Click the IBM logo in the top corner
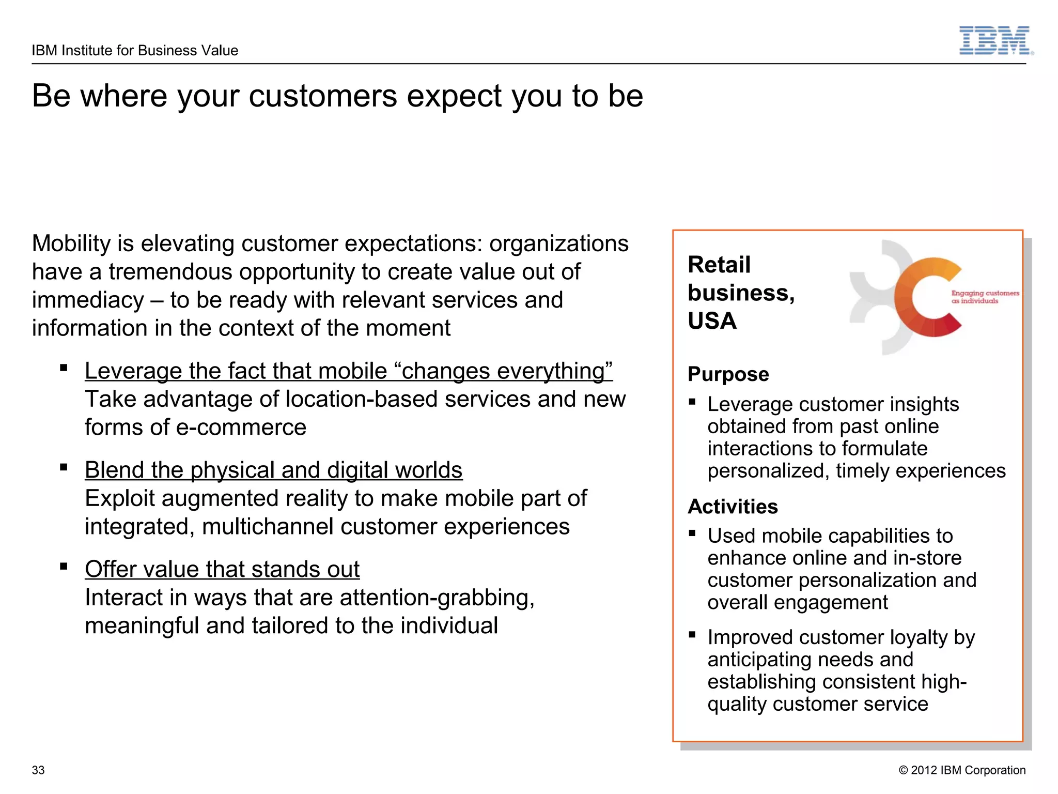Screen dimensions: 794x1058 pyautogui.click(x=995, y=40)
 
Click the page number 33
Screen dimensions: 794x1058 pyautogui.click(x=38, y=770)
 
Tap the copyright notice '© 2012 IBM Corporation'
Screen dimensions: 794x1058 pyautogui.click(x=962, y=770)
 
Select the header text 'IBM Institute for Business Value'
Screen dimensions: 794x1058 pyautogui.click(x=135, y=51)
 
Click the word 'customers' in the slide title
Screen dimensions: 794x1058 pyautogui.click(x=323, y=96)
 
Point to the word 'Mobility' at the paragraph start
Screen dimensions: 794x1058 pyautogui.click(x=71, y=243)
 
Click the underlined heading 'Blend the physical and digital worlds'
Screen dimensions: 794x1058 pyautogui.click(x=273, y=470)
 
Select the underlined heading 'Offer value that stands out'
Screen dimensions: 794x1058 pyautogui.click(x=222, y=570)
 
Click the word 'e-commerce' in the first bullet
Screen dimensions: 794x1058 pyautogui.click(x=241, y=427)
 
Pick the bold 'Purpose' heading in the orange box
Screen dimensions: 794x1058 pyautogui.click(x=728, y=374)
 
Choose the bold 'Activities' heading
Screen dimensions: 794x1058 pyautogui.click(x=733, y=507)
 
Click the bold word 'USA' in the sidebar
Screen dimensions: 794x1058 pyautogui.click(x=712, y=321)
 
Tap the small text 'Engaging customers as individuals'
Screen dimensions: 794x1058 pyautogui.click(x=984, y=297)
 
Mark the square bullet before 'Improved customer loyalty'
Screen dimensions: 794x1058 pyautogui.click(x=692, y=635)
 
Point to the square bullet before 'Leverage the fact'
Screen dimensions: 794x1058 pyautogui.click(x=64, y=368)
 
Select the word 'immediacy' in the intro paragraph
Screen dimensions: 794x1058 pyautogui.click(x=88, y=300)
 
